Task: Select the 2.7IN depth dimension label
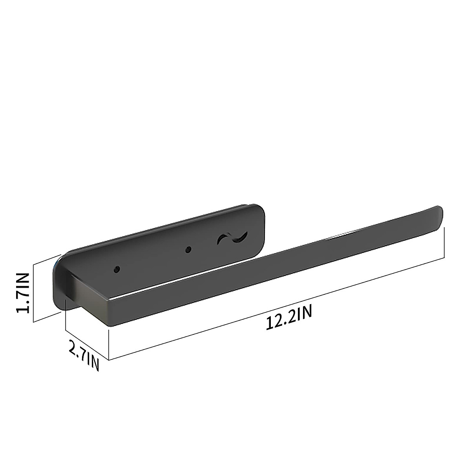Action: (x=83, y=355)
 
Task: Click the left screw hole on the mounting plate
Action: (x=117, y=269)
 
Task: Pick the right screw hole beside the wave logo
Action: (x=188, y=249)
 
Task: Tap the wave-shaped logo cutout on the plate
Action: (x=232, y=237)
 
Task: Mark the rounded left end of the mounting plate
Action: (x=59, y=275)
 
